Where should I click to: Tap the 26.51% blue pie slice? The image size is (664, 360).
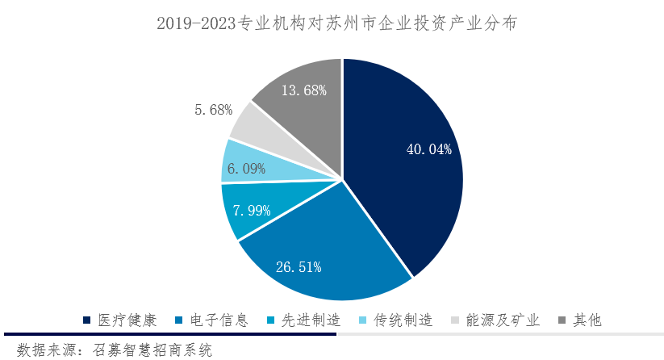point(315,242)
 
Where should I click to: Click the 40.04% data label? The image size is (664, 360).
point(428,149)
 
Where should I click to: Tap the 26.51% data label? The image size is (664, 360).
point(299,266)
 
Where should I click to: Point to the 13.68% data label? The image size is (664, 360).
point(303,90)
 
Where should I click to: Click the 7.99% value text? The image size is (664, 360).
point(251,210)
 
